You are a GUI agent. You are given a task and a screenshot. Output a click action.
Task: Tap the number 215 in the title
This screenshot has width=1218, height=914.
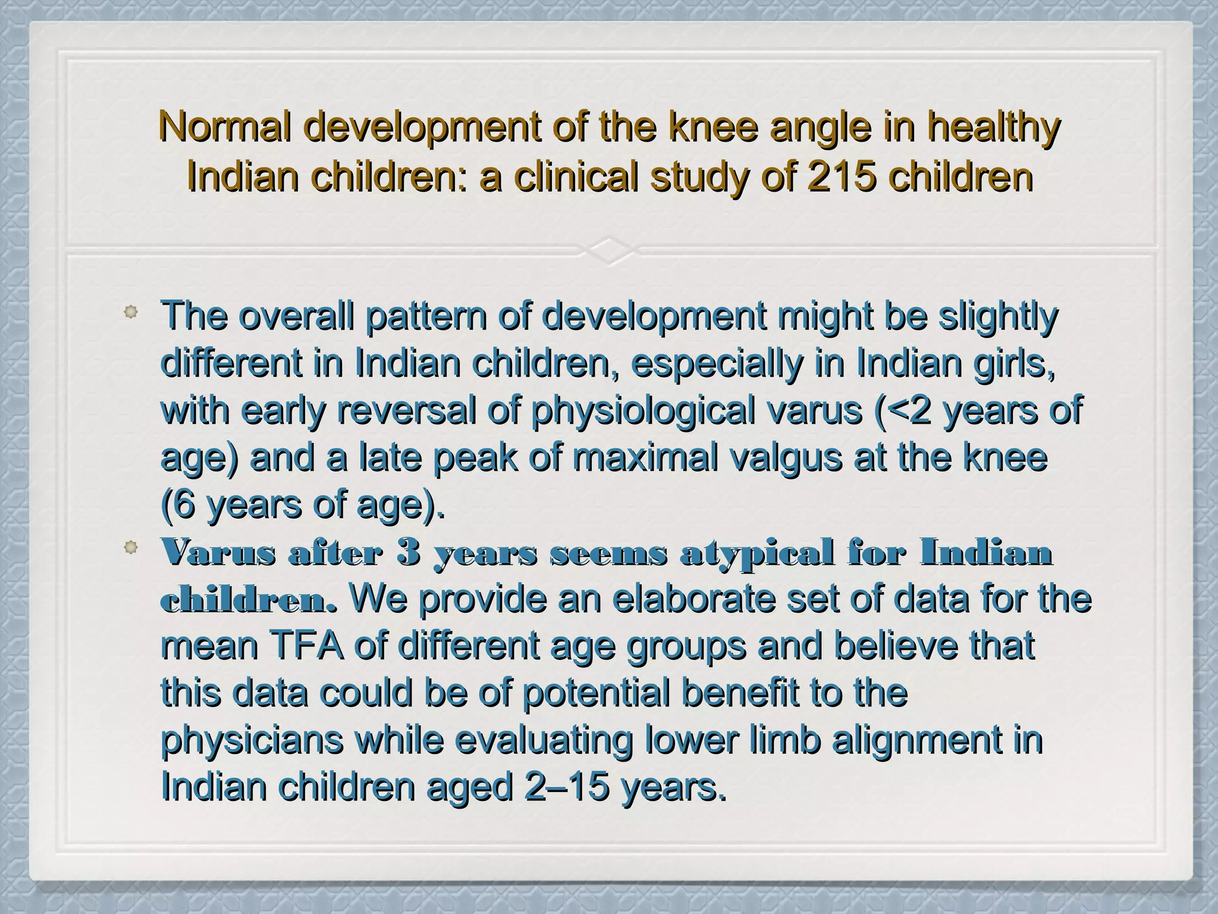[843, 177]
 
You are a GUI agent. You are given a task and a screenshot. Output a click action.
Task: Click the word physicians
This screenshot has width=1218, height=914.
[252, 740]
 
